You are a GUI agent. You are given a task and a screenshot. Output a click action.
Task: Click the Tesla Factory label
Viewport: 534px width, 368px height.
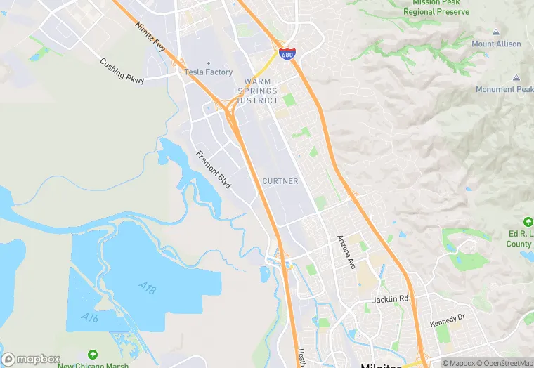[x=208, y=72]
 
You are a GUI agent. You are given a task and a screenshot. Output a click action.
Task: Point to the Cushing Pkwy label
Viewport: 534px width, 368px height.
[x=122, y=71]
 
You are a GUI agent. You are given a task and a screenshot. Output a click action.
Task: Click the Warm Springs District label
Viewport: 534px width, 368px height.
[x=258, y=91]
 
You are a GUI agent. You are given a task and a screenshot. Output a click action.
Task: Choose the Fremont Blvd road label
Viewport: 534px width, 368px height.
[x=214, y=169]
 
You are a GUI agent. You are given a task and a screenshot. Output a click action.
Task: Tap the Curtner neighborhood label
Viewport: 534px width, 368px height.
[x=280, y=181]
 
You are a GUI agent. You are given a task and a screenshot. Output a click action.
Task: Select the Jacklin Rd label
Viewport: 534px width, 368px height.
[x=390, y=298]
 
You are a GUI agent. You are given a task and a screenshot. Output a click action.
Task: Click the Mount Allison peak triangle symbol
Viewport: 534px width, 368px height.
[x=496, y=32]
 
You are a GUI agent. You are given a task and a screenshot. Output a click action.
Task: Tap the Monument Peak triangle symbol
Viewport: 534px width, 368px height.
[x=517, y=78]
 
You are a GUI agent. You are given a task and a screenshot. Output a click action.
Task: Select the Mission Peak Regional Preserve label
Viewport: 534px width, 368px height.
[x=436, y=7]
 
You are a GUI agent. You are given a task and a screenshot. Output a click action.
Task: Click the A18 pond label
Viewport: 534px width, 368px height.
[x=148, y=288]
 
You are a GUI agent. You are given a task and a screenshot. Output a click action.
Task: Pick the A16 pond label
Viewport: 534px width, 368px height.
[x=89, y=318]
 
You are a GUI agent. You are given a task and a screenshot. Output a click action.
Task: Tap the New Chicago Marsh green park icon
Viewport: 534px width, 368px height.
[x=92, y=355]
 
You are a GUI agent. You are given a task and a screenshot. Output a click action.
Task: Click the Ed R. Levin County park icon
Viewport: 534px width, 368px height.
[x=528, y=222]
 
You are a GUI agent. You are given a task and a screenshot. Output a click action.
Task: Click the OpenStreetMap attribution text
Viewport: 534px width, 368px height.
[x=504, y=363]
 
